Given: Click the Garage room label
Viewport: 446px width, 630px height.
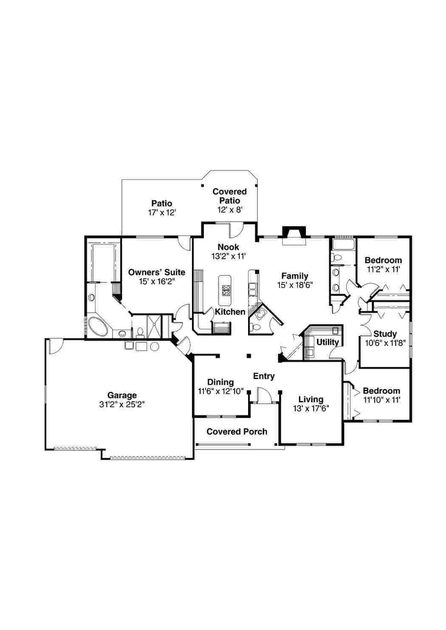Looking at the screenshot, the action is click(122, 395).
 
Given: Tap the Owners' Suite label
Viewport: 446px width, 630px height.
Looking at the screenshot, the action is click(157, 272).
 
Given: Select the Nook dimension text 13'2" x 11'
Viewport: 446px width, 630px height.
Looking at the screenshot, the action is click(229, 256).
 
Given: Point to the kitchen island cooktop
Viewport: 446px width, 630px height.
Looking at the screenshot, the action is click(226, 291).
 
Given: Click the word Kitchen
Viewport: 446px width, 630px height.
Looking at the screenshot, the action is click(230, 312).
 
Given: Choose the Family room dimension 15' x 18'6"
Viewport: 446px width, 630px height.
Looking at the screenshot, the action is click(295, 285).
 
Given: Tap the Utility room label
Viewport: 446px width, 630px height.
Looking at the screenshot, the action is click(327, 342).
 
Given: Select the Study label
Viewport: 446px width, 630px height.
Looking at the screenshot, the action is click(385, 334).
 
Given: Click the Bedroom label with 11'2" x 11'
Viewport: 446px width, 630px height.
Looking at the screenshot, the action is click(383, 260).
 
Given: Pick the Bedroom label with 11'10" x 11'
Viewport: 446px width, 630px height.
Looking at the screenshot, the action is click(381, 391).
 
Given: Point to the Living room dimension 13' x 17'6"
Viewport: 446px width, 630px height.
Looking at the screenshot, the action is click(311, 408).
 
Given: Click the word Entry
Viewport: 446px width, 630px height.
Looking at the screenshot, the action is click(264, 376).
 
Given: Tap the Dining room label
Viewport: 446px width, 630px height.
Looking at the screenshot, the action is click(220, 382).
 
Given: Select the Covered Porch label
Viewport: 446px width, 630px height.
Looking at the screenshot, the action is click(237, 431).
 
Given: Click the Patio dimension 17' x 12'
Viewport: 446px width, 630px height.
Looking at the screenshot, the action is click(162, 213).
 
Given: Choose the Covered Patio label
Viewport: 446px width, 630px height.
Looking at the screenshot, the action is click(229, 196).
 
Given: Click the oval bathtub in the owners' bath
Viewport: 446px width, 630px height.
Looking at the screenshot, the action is click(98, 325).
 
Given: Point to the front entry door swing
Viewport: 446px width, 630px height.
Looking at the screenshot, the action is click(264, 395).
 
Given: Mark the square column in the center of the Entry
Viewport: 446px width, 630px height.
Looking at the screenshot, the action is click(248, 356).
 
